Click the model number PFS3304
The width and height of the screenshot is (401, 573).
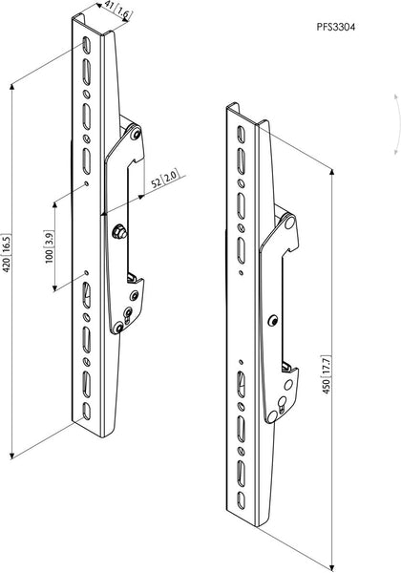pyautogui.click(x=336, y=27)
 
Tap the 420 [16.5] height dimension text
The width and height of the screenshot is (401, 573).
pyautogui.click(x=7, y=253)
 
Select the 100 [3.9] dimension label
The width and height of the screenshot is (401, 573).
pyautogui.click(x=49, y=247)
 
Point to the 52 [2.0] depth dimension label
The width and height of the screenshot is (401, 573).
pyautogui.click(x=165, y=179)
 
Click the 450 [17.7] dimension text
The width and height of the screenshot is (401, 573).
pyautogui.click(x=326, y=373)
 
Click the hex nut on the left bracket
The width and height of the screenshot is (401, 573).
pyautogui.click(x=119, y=232)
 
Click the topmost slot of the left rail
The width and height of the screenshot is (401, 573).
pyautogui.click(x=85, y=45)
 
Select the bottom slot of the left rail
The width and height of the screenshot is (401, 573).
pyautogui.click(x=86, y=411)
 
